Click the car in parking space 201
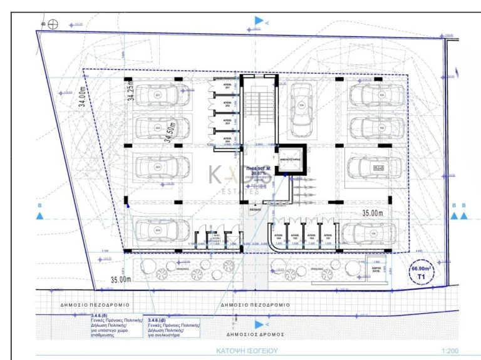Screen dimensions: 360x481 (158, 95)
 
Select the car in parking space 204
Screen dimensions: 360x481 (158, 231)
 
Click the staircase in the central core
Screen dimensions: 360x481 (256, 113)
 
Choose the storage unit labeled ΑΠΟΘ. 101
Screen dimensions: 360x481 (327, 235)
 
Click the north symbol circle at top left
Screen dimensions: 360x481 (53, 24)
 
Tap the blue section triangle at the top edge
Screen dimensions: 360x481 (259, 21)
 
